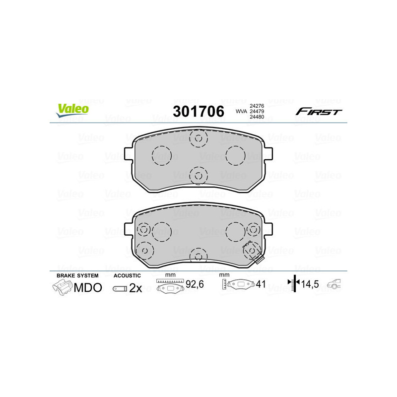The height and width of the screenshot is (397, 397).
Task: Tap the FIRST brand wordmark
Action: tap(319, 112)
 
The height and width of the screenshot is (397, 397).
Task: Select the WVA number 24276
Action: tap(256, 106)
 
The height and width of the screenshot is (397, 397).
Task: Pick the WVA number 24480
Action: tap(256, 117)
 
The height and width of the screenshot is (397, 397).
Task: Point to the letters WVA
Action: tap(241, 112)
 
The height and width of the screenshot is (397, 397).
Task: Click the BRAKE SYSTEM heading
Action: tap(77, 275)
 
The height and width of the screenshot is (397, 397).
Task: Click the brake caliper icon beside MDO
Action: tap(62, 287)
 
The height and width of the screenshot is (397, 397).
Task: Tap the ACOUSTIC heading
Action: tap(128, 275)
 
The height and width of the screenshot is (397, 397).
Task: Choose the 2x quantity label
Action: tap(135, 288)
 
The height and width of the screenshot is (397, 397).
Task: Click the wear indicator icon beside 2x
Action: tap(120, 288)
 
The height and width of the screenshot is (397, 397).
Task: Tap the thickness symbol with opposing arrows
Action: tap(295, 283)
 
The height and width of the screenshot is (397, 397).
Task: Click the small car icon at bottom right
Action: tap(336, 284)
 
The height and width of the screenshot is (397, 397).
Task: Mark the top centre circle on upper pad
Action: tap(198, 138)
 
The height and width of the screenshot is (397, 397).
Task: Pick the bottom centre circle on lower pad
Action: tap(198, 256)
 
